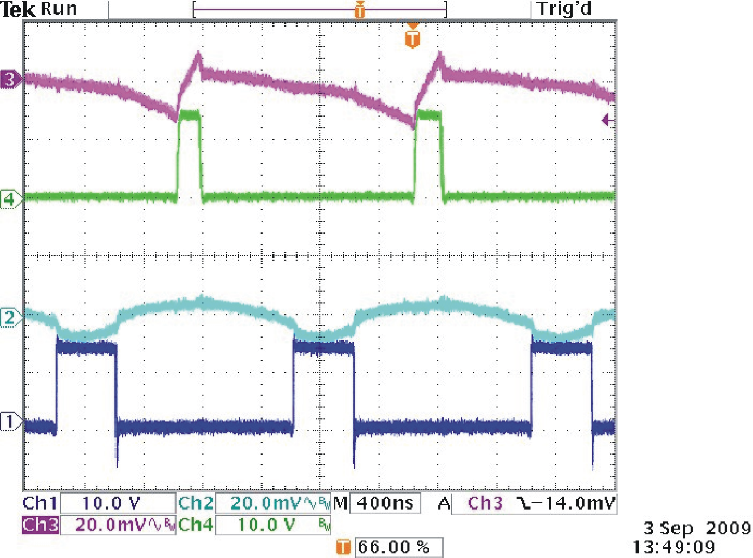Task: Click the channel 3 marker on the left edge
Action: pyautogui.click(x=10, y=79)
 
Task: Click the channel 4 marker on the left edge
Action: pyautogui.click(x=10, y=198)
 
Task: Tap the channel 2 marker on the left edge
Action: pyautogui.click(x=10, y=317)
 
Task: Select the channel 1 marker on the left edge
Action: pyautogui.click(x=10, y=422)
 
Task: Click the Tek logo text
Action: pyautogui.click(x=18, y=9)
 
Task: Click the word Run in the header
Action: pyautogui.click(x=59, y=9)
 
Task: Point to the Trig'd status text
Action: pyautogui.click(x=563, y=9)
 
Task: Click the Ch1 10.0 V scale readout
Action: pyautogui.click(x=111, y=503)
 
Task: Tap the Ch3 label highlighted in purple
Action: pyautogui.click(x=40, y=525)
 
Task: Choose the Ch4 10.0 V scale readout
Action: pyautogui.click(x=266, y=525)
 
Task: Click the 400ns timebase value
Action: pyautogui.click(x=385, y=503)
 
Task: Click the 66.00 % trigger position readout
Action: pyautogui.click(x=394, y=547)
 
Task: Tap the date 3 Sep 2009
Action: pyautogui.click(x=697, y=528)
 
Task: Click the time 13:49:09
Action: pyautogui.click(x=674, y=547)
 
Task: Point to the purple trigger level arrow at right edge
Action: pyautogui.click(x=608, y=121)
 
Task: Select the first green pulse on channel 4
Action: pyautogui.click(x=190, y=155)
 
